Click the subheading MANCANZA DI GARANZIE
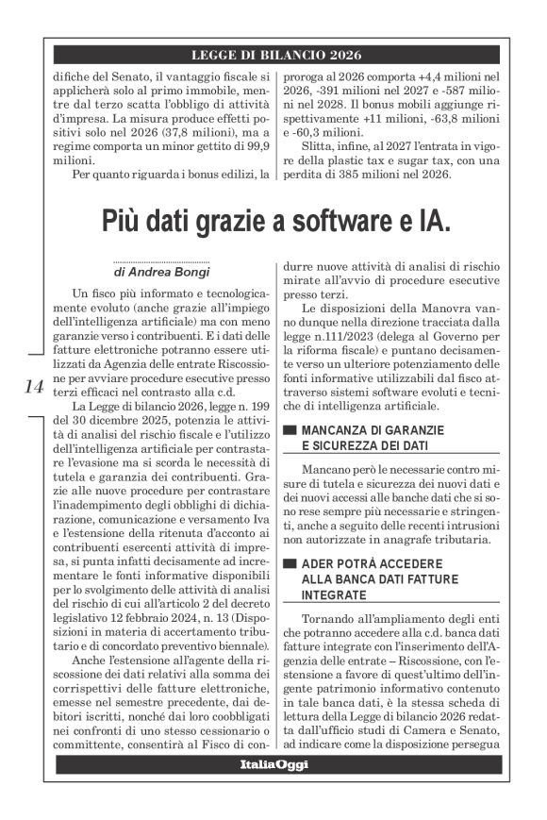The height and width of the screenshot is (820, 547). [x=369, y=432]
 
